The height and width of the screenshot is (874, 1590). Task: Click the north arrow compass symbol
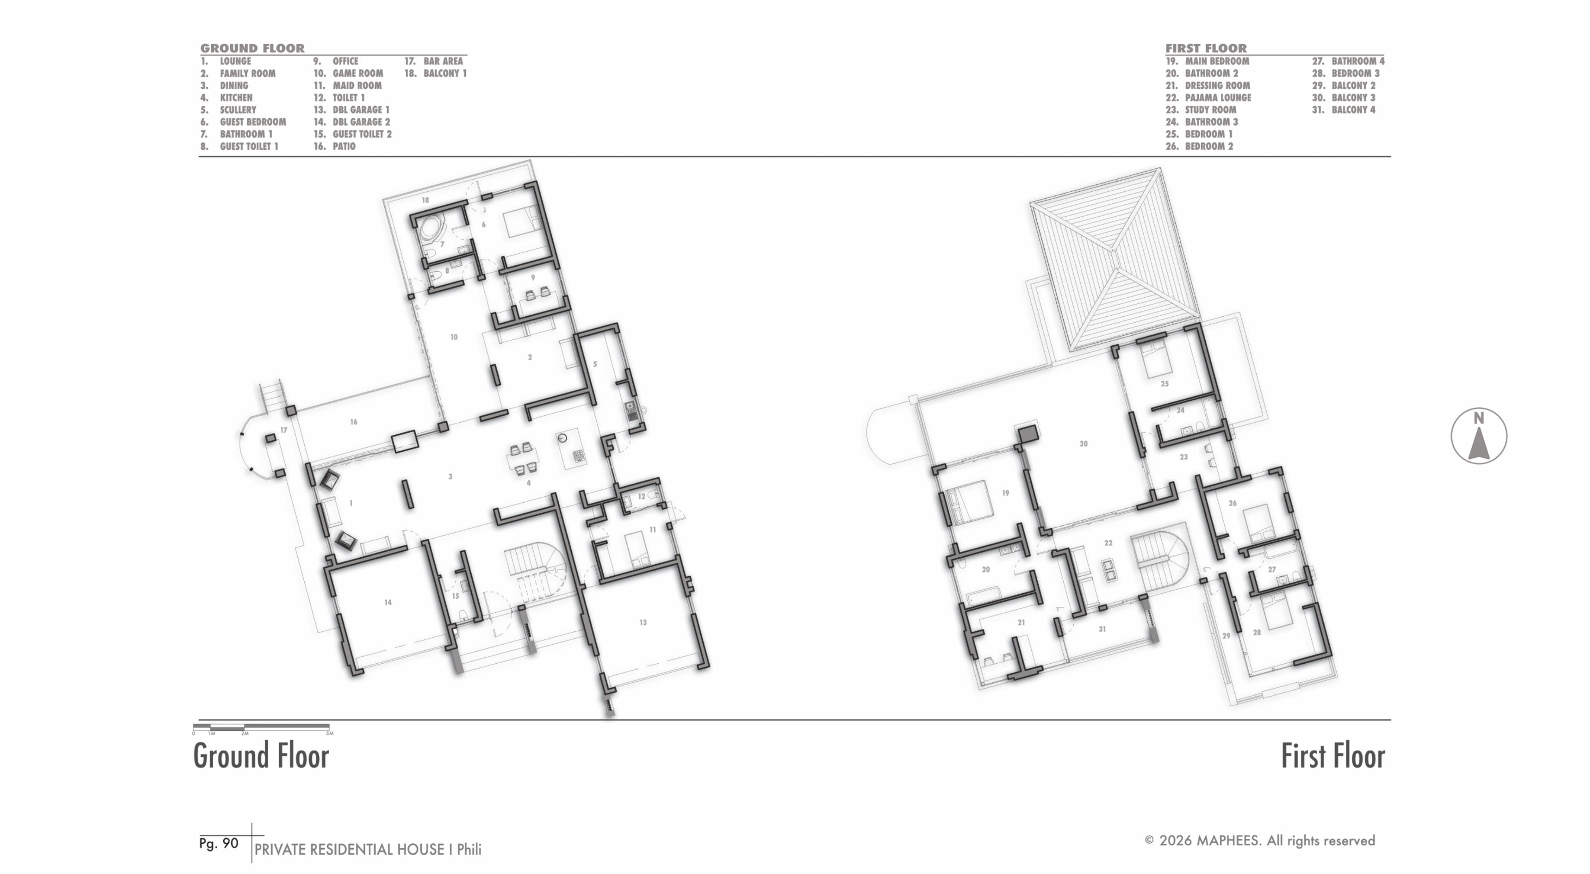tap(1478, 436)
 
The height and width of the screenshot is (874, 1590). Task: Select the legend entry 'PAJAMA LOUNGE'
tap(1218, 98)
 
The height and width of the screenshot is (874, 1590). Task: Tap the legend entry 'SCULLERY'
tap(238, 110)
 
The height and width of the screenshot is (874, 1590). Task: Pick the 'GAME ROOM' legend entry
tap(357, 73)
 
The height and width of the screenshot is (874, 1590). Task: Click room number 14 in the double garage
tap(388, 602)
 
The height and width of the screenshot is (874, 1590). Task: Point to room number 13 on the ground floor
tap(643, 622)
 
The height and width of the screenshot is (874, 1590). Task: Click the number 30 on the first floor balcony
tap(1083, 444)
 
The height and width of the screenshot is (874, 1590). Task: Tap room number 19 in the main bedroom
tap(1005, 493)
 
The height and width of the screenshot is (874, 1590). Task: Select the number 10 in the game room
tap(454, 337)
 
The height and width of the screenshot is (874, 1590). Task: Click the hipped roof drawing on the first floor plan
tap(1115, 259)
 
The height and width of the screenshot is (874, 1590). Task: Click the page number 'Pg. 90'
tap(219, 844)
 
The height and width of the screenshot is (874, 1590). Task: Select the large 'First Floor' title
tap(1332, 756)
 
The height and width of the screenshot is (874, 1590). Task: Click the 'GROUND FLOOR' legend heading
tap(253, 48)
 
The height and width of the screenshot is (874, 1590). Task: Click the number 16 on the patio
tap(354, 422)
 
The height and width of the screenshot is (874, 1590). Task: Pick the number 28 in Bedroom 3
tap(1257, 633)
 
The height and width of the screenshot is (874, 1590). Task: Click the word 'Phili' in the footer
tap(469, 849)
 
